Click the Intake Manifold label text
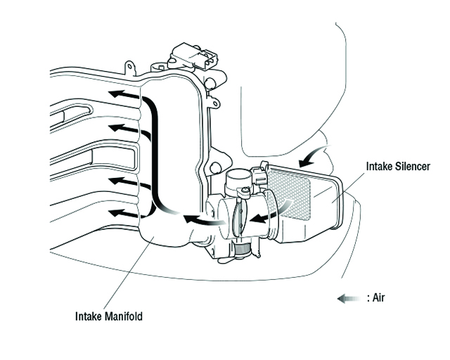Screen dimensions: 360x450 click(109, 316)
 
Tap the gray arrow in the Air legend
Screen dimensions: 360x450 click(349, 298)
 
